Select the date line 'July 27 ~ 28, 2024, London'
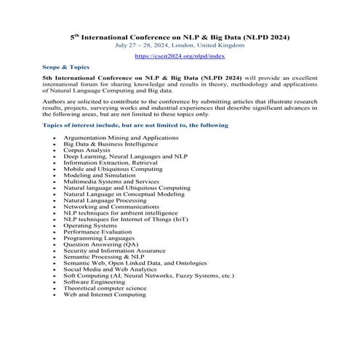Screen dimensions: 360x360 point(180,44)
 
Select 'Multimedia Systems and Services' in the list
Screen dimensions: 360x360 point(111,181)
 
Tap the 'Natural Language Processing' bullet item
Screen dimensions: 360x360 point(105,200)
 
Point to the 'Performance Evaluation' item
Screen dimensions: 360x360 point(98,231)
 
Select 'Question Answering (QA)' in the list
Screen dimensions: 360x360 point(100,244)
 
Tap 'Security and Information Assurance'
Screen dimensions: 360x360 point(115,250)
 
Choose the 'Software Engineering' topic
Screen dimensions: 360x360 point(95,281)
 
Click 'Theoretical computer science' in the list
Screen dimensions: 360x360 point(106,288)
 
